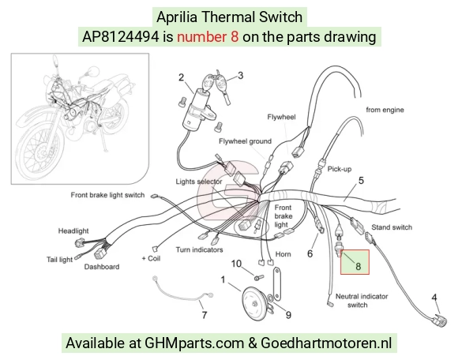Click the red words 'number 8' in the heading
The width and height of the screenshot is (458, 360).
[x=208, y=37]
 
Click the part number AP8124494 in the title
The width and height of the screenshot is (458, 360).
[x=121, y=37]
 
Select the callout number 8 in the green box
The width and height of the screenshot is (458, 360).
[x=358, y=266]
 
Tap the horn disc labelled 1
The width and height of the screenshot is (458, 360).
[x=254, y=304]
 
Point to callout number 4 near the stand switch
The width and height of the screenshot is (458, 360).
[x=434, y=298]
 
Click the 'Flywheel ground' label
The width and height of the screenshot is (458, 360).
[x=245, y=141]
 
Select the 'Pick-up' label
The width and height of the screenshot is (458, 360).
[x=339, y=169]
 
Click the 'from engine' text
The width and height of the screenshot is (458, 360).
[x=385, y=110]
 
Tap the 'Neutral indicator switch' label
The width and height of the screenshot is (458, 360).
[x=362, y=301]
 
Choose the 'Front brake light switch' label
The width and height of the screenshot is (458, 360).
[x=107, y=195]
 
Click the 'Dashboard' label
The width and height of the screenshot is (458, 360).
[x=102, y=267]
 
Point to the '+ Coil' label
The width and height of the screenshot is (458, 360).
[x=151, y=258]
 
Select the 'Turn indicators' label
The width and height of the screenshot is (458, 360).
[x=199, y=249]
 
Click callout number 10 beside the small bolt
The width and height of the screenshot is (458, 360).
[x=236, y=264]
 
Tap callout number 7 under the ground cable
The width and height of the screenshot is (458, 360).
[x=205, y=315]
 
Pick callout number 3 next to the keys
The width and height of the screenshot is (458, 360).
[x=240, y=75]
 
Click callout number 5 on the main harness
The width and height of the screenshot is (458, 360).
[x=361, y=181]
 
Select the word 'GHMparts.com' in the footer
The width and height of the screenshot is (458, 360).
[x=194, y=343]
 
